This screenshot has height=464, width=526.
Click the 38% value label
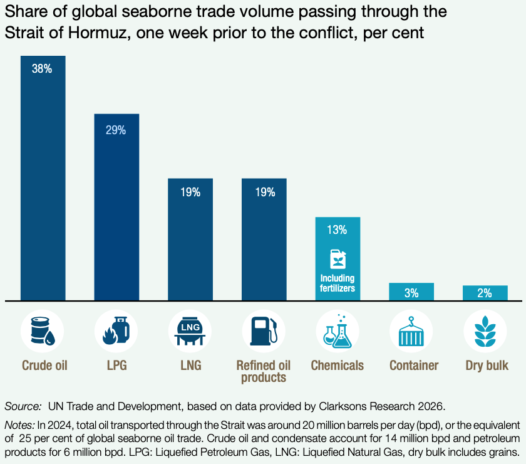coord(42,69)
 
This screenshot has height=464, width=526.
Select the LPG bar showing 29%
coord(116,207)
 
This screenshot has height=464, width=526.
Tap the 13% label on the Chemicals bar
coord(336,229)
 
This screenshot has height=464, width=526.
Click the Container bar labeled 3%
coord(411,292)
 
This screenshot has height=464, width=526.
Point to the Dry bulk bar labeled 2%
coord(485,293)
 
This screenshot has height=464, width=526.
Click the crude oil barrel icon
coord(43,330)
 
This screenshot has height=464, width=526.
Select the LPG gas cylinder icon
coord(116,330)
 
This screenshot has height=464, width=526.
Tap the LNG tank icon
coord(190,330)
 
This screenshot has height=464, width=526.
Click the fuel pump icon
coord(263,330)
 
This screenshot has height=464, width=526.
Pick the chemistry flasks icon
coord(338,330)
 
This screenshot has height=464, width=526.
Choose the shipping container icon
coord(411,330)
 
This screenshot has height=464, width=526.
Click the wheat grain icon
coord(485,330)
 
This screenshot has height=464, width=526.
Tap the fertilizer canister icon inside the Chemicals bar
coord(337,258)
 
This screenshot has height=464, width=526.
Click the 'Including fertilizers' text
coord(338,283)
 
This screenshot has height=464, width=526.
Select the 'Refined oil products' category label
coord(264,371)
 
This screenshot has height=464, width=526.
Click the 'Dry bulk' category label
coord(485,365)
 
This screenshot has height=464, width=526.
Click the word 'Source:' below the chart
coord(21,406)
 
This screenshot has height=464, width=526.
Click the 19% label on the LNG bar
coord(190,192)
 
